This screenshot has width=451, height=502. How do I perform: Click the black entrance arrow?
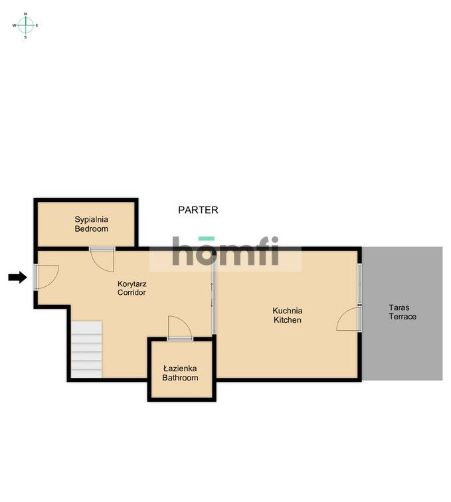tap(18, 278)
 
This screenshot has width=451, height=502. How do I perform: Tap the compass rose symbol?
tap(26, 25)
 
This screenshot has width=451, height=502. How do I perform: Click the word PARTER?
tap(198, 210)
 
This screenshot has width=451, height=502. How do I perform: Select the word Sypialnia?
tap(91, 220)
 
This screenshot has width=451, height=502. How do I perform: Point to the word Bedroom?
tap(91, 228)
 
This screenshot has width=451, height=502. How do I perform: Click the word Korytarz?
tap(132, 284)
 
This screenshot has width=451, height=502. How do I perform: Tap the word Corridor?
tap(132, 292)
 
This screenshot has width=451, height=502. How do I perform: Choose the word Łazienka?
tap(180, 369)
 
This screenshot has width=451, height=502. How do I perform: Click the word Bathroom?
tap(180, 378)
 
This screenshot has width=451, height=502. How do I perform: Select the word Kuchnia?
tap(288, 311)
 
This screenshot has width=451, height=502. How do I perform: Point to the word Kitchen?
tap(288, 320)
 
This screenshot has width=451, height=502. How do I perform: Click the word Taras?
tap(399, 307)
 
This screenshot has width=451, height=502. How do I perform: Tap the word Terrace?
tap(403, 317)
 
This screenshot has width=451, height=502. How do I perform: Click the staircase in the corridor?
tap(86, 349)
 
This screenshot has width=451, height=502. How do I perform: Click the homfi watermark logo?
tap(226, 251)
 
